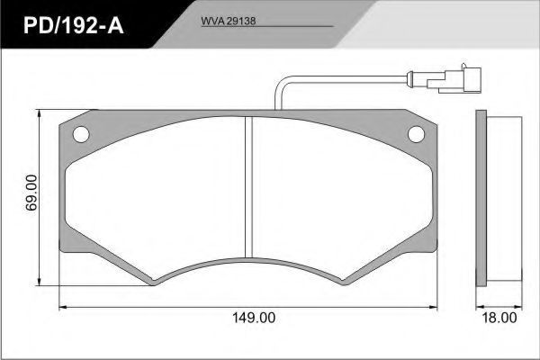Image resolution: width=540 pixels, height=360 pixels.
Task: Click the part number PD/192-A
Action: (74, 25)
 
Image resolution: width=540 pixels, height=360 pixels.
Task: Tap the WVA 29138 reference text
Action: (229, 21)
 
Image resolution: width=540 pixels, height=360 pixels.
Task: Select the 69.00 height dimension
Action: (31, 193)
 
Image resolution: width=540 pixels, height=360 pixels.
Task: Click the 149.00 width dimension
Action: (254, 318)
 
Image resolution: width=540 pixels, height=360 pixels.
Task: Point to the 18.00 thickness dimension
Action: (499, 318)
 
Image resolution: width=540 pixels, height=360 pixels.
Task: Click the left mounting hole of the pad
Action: (81, 134)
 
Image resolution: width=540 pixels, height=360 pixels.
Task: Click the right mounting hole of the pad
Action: (416, 134)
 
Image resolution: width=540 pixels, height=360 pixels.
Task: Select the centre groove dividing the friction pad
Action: (248, 186)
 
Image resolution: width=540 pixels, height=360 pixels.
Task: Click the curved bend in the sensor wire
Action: (280, 84)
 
